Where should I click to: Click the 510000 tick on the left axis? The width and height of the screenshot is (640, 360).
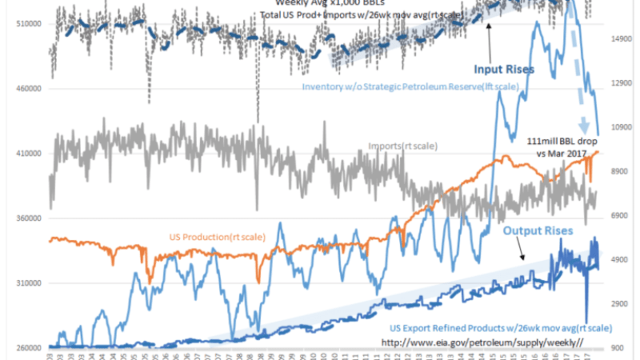[29, 24]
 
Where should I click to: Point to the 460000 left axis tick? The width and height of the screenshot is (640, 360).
[29, 89]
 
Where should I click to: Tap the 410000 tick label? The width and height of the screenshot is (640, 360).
[29, 154]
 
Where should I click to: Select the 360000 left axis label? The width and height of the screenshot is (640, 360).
[29, 218]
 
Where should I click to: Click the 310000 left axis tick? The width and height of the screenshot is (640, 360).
[29, 283]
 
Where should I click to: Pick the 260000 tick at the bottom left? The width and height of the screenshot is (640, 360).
[29, 347]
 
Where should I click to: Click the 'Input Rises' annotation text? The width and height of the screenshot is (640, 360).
[504, 70]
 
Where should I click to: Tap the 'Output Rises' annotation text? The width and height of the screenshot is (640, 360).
[538, 230]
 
